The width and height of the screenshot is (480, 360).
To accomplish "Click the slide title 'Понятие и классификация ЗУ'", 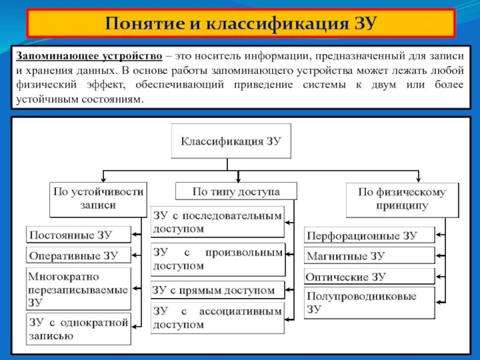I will [240, 23].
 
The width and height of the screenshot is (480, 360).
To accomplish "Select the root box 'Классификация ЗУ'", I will [231, 142].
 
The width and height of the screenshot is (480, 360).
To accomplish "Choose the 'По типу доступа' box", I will [236, 191].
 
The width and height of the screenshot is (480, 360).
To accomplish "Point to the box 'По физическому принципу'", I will [401, 200].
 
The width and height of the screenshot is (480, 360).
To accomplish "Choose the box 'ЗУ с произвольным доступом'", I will [217, 259].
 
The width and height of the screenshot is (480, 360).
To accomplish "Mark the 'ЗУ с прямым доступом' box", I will [217, 290].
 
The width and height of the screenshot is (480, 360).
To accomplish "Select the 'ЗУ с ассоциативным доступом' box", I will [217, 318].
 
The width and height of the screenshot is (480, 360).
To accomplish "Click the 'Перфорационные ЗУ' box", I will [369, 235].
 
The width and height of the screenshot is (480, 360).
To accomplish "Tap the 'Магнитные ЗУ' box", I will [369, 256].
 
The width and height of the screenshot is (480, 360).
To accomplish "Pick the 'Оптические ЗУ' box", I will [369, 277].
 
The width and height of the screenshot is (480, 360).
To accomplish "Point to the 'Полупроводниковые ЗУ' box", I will [369, 303].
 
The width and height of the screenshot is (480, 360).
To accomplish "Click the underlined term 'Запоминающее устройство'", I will [89, 56].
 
